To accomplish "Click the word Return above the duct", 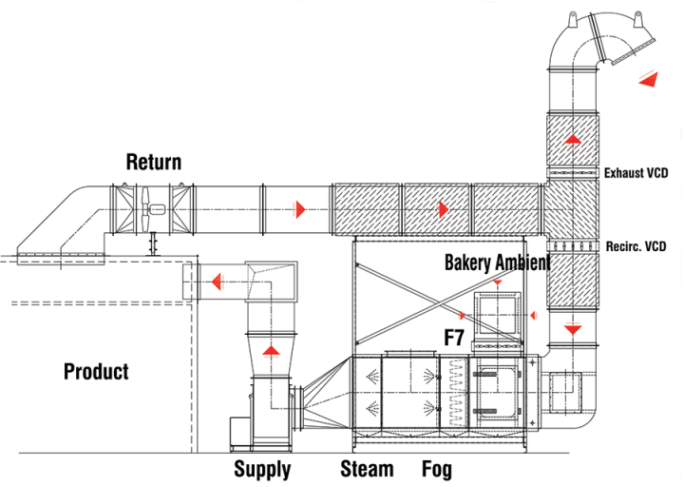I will (x=153, y=162).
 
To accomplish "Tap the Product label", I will (x=96, y=371).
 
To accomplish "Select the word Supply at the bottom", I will (x=262, y=469).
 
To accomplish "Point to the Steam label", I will (x=367, y=469).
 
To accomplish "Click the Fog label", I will (x=437, y=469).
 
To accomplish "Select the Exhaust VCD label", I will (x=636, y=173).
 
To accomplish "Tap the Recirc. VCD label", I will (x=636, y=246).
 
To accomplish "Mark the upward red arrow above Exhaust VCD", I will (x=572, y=139).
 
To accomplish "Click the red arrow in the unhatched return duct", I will (x=300, y=207).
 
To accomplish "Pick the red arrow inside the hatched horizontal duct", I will (x=443, y=207).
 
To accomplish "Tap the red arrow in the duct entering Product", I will (x=218, y=282).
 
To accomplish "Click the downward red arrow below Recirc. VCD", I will (x=573, y=329).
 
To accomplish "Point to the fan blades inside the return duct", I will (x=150, y=209).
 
